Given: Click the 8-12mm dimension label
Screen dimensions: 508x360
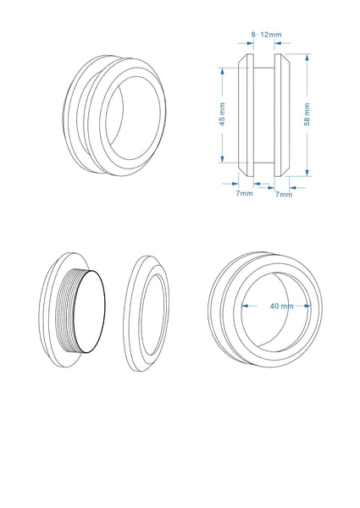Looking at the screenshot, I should point(266,34).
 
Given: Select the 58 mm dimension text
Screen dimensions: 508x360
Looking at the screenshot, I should point(307,114).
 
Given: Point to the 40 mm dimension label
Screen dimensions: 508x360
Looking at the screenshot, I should point(280,306).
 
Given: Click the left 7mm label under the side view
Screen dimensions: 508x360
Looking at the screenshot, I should point(244,194).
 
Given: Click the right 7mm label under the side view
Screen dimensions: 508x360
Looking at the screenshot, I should point(285,194).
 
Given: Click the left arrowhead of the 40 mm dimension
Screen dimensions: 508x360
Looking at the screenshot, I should point(245,306).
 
